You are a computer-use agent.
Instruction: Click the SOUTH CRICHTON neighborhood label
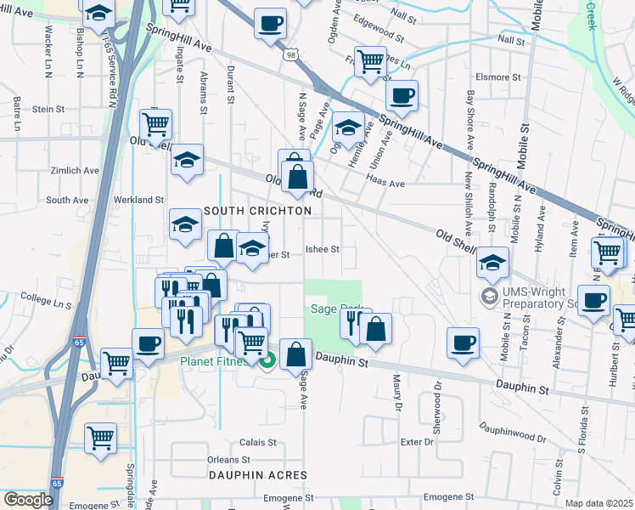pos(256,210)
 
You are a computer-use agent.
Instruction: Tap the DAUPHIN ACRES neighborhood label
pos(256,476)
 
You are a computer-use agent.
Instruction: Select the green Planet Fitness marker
pos(267,360)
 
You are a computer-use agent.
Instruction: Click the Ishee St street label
pos(323,250)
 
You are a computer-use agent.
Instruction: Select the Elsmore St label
pos(498,76)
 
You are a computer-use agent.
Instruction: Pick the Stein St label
pos(48,109)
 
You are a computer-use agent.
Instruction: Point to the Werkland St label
pos(140,200)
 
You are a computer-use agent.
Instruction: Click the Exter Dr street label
pos(417,442)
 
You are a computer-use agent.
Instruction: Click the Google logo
pos(28,499)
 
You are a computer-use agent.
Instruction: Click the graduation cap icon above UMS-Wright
pos(492,262)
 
